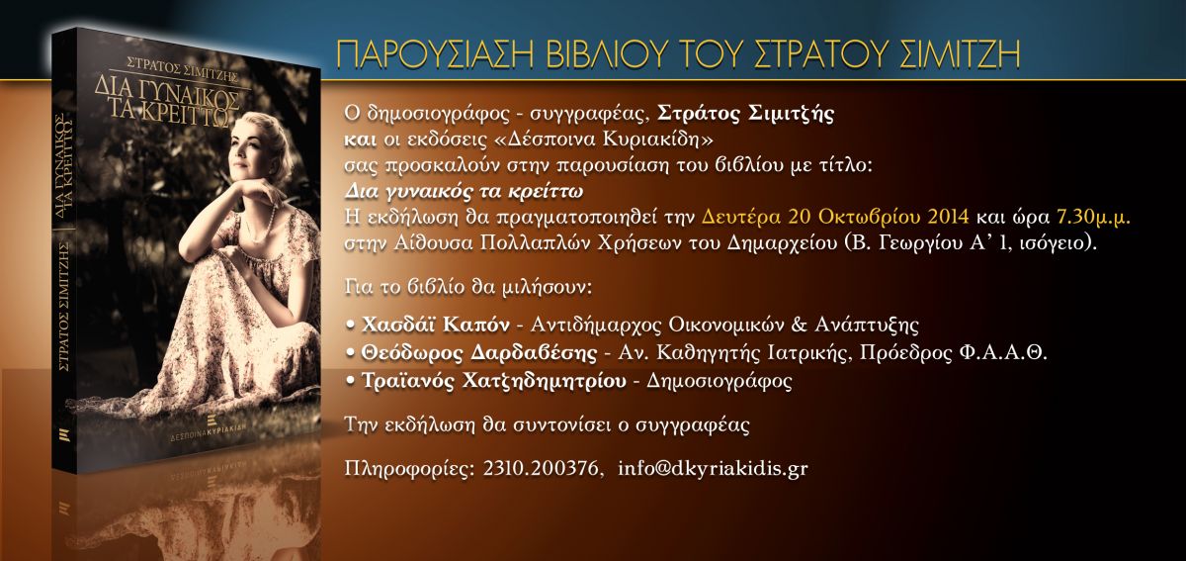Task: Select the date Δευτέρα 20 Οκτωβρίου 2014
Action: (x=835, y=218)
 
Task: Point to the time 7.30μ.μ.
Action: (x=1093, y=218)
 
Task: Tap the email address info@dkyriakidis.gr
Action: (x=713, y=469)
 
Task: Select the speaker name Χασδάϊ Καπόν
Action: (x=435, y=325)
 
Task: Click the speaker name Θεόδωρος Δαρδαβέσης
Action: (x=478, y=352)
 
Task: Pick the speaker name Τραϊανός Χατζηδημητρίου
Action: (x=493, y=381)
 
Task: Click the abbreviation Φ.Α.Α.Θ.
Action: (x=1003, y=352)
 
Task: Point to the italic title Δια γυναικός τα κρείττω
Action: (x=464, y=191)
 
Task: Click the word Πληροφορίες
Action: (x=409, y=469)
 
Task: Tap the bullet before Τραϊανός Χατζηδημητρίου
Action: (x=350, y=381)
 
